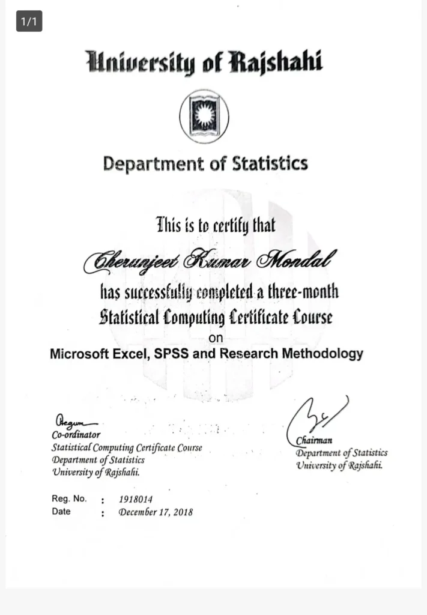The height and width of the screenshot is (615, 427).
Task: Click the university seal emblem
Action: pos(204,115)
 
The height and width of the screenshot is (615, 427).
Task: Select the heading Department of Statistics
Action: pos(205,163)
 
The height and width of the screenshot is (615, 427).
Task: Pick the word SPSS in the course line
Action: pos(172,353)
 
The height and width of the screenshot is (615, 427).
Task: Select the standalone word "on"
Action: pos(214,338)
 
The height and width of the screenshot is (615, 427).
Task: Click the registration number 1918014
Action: pos(136,498)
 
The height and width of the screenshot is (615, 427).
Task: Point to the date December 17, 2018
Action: pos(156,512)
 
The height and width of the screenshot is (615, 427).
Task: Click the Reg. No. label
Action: pos(69,498)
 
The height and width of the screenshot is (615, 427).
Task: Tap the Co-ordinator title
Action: pos(76,435)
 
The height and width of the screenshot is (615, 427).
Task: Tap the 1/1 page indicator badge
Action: pos(29,22)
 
